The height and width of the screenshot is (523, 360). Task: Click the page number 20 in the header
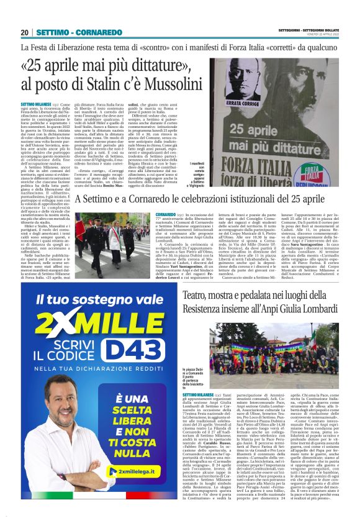24,32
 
